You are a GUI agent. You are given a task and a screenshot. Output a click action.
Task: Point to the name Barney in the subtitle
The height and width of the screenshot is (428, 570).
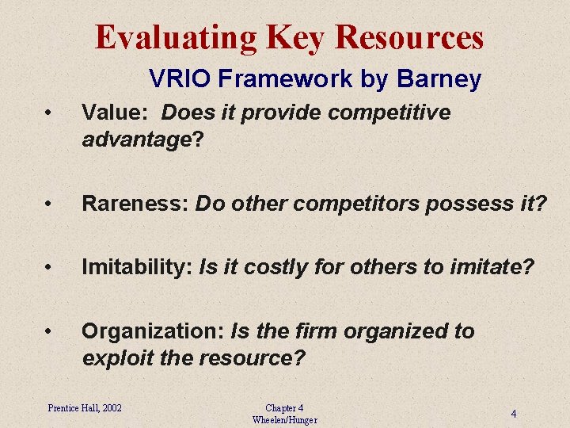click(440, 79)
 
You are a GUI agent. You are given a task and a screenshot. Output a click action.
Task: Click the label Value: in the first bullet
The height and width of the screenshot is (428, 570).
click(117, 113)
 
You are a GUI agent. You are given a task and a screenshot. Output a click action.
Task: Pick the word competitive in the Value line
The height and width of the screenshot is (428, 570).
click(389, 113)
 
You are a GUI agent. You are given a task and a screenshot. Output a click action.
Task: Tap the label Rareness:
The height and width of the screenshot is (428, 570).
click(135, 204)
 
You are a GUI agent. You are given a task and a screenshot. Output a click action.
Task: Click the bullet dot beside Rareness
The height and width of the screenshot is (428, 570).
click(49, 204)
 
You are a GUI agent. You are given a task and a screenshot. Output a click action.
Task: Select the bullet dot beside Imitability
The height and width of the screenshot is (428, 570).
click(49, 269)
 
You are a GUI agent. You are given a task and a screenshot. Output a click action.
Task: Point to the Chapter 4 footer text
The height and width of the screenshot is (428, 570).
click(284, 407)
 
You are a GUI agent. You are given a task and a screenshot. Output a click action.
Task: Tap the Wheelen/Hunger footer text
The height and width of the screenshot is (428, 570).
click(284, 419)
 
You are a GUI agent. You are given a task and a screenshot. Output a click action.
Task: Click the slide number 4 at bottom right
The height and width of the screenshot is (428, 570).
click(514, 414)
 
